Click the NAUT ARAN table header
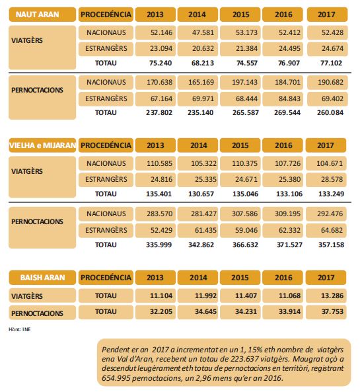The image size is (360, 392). (x=37, y=15)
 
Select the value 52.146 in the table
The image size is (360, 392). (x=161, y=32)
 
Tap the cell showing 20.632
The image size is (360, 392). (x=203, y=48)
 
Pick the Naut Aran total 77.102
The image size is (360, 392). (x=331, y=63)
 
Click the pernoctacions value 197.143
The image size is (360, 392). (x=244, y=82)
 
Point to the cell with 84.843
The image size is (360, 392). (x=289, y=98)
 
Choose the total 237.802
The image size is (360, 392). (x=159, y=112)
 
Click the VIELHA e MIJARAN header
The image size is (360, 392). (x=42, y=145)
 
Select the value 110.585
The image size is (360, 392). (x=159, y=163)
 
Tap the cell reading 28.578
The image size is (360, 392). (x=332, y=179)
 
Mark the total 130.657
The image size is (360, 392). (x=201, y=194)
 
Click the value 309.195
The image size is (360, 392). (x=287, y=214)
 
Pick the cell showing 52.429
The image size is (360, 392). (x=161, y=230)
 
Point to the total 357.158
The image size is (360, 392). (x=331, y=245)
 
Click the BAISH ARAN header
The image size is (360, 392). (x=42, y=278)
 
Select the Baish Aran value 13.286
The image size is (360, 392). (x=332, y=295)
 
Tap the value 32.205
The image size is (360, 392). (x=161, y=311)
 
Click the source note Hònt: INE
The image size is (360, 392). (x=20, y=329)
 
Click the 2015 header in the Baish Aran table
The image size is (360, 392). (x=240, y=278)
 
